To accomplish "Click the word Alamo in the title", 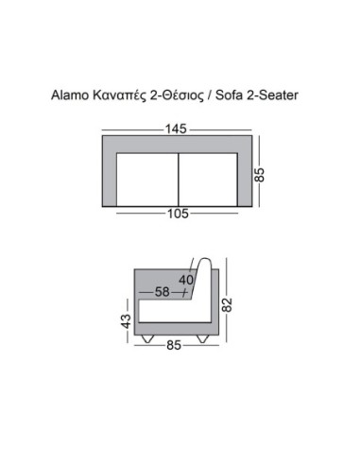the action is pyautogui.click(x=70, y=95).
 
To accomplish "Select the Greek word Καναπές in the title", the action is pyautogui.click(x=120, y=95).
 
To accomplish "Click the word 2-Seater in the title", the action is pyautogui.click(x=272, y=95).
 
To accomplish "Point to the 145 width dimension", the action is pyautogui.click(x=177, y=129).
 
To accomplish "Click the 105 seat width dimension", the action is pyautogui.click(x=178, y=214).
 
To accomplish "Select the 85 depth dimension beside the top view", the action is pyautogui.click(x=259, y=175).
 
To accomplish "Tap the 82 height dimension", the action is pyautogui.click(x=227, y=304).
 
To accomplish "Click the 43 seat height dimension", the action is pyautogui.click(x=126, y=321).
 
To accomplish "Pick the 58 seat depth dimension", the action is pyautogui.click(x=163, y=292).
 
